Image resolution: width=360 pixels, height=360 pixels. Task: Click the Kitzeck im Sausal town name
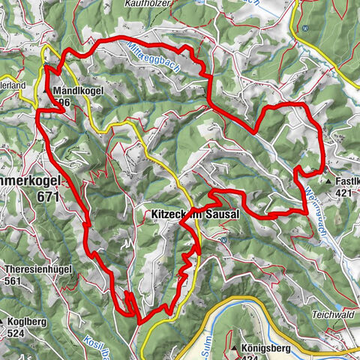coord(195,214)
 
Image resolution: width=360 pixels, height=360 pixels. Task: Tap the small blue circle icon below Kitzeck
coord(223,240)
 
